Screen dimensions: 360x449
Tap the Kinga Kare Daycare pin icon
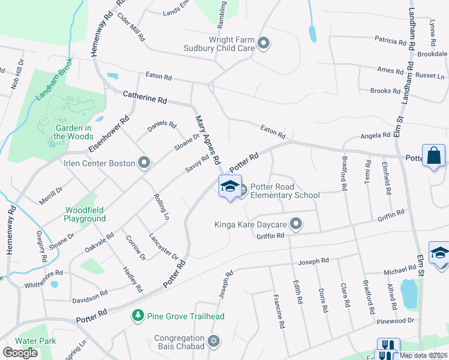[x=295, y=224]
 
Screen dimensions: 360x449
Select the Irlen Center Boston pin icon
[x=143, y=163]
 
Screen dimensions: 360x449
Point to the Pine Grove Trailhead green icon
[x=138, y=316]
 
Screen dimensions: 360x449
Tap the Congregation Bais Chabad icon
[x=213, y=342]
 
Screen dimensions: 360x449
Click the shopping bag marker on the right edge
[x=433, y=155]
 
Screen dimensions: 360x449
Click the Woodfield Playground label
[x=85, y=214]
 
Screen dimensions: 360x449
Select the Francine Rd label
[x=278, y=311]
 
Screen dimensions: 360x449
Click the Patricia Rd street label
[x=391, y=41]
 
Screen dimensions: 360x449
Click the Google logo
[x=20, y=353]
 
